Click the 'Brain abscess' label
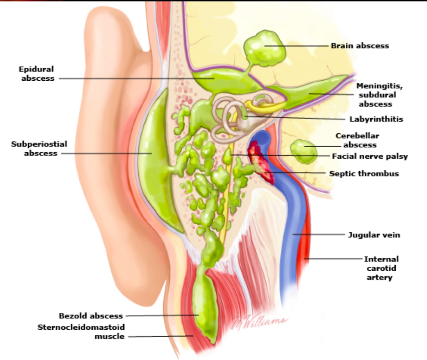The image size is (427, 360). (360, 46)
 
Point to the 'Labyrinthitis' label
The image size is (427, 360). (376, 119)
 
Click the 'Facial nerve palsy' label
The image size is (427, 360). (370, 156)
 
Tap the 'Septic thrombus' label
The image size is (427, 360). (364, 174)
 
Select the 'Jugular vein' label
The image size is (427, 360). (374, 235)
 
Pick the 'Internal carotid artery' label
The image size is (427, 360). (381, 268)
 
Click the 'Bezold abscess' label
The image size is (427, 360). (91, 316)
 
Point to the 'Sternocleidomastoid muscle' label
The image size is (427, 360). (81, 332)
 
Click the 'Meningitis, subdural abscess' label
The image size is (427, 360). (379, 95)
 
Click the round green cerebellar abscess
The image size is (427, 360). (303, 151)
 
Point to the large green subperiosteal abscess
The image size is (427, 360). (155, 160)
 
